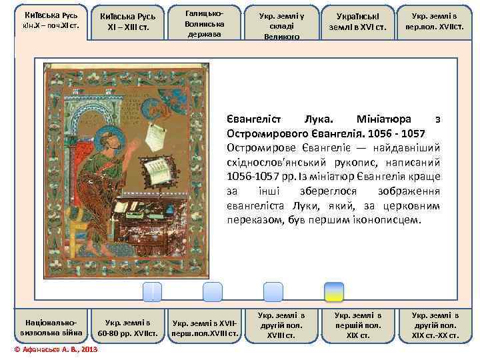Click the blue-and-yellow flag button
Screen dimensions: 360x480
point(333,292)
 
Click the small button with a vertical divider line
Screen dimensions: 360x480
point(152,292)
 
